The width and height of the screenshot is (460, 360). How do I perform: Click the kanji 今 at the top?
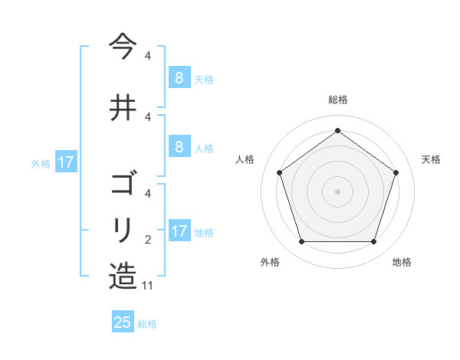pos(123,46)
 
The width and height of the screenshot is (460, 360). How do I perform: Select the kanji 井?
pos(123,106)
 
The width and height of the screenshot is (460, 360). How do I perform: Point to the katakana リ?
pos(123,229)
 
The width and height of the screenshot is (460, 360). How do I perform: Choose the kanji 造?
pos(123,275)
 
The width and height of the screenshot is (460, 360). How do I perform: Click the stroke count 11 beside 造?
pos(148,286)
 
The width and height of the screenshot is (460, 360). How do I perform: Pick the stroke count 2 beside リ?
pos(148,240)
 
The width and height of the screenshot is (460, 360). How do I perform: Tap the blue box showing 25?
pos(123,322)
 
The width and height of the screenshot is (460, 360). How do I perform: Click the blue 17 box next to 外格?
pos(65,162)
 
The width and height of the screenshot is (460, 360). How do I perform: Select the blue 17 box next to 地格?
pos(179,231)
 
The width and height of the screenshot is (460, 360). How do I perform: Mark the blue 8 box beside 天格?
pos(179,77)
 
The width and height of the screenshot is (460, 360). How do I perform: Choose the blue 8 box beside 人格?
pos(179,147)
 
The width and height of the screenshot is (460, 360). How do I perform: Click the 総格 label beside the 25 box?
pos(147,324)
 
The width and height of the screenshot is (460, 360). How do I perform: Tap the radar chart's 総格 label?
pos(338,100)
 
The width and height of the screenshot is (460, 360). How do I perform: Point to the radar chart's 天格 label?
pos(431,159)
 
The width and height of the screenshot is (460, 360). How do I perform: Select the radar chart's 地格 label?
pos(402,262)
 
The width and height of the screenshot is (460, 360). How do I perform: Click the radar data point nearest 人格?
pos(279,172)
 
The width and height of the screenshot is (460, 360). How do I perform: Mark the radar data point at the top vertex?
pos(338,130)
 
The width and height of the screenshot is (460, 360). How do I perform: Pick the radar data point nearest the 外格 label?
pos(301,242)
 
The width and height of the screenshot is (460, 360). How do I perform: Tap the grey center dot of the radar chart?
pos(338,191)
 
